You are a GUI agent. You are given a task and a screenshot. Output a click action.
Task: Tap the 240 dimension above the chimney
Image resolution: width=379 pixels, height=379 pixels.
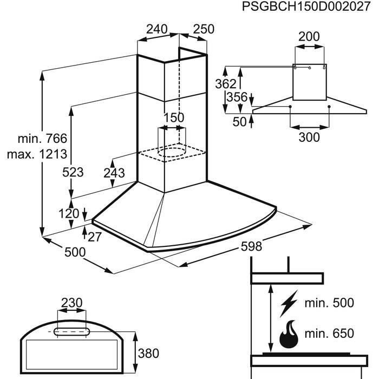pos(156,29)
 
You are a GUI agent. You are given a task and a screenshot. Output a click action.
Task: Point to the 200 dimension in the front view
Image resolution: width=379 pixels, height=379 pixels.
pos(309,37)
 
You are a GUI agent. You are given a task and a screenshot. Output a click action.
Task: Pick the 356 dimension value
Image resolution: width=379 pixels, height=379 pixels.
pos(237,97)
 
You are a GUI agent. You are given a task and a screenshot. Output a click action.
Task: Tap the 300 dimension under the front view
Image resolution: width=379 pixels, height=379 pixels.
pos(309,137)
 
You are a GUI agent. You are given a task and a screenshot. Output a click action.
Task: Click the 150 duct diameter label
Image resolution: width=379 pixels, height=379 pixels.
pos(174,117)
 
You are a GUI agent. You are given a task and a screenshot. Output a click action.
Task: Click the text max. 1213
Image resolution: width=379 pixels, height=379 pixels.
pos(37,154)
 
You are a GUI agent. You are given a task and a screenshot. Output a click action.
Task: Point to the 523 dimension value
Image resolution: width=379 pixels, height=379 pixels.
pos(73,173)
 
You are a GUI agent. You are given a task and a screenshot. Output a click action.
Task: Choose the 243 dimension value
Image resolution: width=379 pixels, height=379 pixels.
pos(114,173)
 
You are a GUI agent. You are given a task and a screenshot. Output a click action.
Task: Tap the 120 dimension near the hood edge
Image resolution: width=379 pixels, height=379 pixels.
pos(69,214)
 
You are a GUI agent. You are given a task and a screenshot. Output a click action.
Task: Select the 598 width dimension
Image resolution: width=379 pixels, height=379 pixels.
pos(236,247)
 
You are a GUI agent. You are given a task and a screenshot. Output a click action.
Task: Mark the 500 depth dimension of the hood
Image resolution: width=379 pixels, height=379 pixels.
pos(75,252)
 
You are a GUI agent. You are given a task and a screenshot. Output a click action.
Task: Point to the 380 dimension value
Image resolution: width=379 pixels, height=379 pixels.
pos(148,354)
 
